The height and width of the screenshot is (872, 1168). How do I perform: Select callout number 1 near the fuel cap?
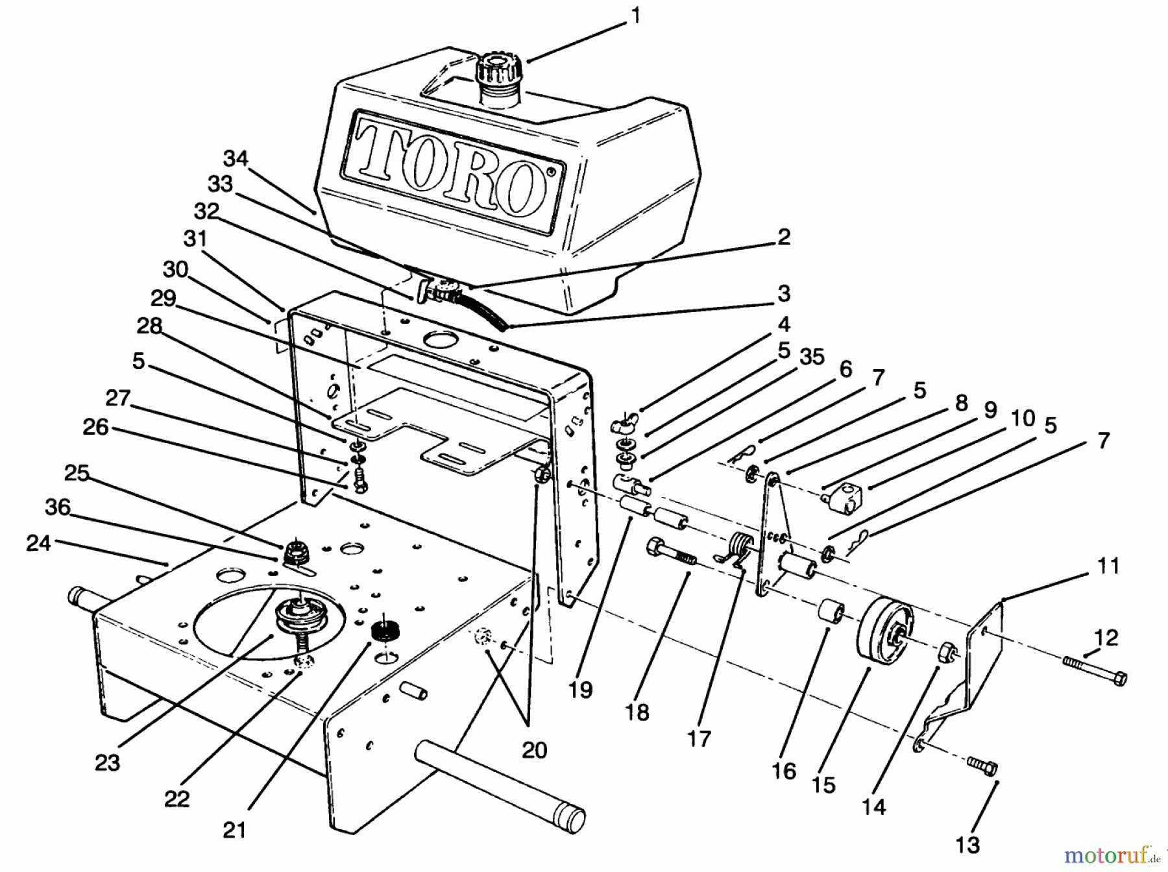coord(637,16)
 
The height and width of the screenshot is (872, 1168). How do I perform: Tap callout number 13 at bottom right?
coord(967,844)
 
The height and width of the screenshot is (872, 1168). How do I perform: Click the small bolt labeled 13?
coord(981,766)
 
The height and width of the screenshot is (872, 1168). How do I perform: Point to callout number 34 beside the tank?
coord(236,158)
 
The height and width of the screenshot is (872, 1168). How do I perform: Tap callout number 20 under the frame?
coord(534,750)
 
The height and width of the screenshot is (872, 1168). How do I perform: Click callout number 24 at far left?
coord(38,543)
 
